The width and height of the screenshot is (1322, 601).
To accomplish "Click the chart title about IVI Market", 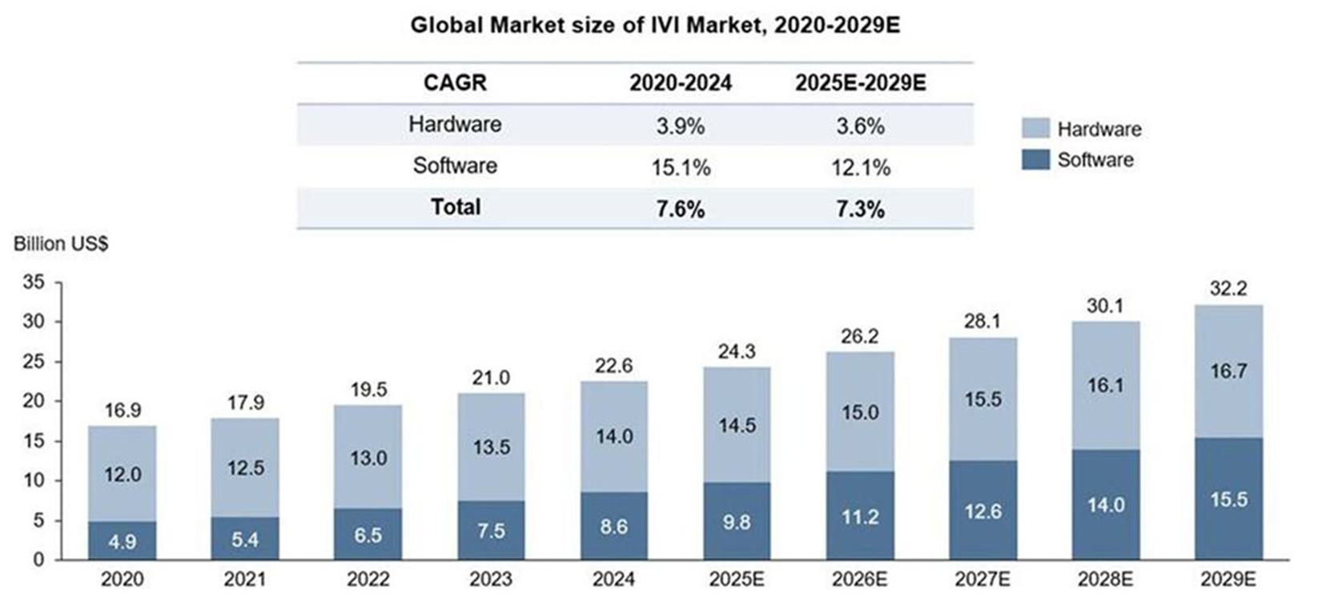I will [655, 25].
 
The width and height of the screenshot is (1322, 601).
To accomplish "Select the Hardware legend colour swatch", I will [1035, 129].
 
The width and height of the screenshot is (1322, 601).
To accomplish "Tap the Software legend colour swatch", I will [1035, 159].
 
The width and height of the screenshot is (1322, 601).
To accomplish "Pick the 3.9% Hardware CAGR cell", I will [680, 126].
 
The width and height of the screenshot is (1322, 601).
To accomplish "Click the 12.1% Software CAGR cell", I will [860, 167].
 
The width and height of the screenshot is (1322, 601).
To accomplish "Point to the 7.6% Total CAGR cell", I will [680, 209].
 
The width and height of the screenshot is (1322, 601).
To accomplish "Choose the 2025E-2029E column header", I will [860, 83].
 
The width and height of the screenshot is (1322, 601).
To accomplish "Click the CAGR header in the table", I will [455, 83].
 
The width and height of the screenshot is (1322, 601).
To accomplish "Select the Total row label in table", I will [456, 207].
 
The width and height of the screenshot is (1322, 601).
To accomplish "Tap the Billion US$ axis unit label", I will [61, 245].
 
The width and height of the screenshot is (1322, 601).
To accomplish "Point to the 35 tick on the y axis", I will [34, 282].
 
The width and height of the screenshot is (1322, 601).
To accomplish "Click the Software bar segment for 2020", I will [123, 541].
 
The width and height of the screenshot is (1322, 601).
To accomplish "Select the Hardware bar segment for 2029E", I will [1228, 371].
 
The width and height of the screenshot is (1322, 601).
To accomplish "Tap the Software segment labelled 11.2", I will [860, 516].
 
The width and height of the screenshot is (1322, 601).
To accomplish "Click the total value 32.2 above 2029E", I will [1228, 289].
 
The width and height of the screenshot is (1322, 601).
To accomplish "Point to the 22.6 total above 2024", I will [614, 366].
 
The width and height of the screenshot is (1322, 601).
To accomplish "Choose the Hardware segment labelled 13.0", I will [368, 458].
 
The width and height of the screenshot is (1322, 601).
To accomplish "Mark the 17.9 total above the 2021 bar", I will [245, 403].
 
